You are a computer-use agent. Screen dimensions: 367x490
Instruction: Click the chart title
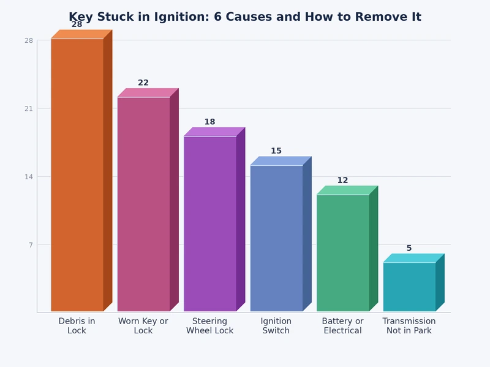(245, 17)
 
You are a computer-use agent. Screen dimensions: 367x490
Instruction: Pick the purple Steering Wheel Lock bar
(210, 223)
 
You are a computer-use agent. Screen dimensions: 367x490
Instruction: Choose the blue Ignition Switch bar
(276, 238)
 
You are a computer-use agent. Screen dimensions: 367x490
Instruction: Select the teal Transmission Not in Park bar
(409, 287)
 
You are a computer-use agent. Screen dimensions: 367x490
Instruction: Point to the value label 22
(143, 83)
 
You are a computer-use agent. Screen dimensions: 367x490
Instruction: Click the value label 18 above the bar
(210, 122)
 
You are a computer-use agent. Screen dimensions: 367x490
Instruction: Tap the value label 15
(276, 151)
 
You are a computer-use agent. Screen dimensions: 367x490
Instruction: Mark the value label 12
(343, 180)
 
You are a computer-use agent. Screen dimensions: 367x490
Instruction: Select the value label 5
(409, 248)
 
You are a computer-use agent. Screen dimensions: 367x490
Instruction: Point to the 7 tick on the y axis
(29, 245)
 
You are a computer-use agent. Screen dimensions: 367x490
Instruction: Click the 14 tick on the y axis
(29, 177)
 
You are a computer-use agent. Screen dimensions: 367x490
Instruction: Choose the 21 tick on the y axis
(29, 108)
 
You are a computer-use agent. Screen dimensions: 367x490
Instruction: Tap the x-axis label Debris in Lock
(77, 326)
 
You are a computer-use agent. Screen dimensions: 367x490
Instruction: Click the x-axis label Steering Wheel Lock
(210, 326)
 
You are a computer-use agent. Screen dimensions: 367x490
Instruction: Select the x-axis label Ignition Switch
(276, 326)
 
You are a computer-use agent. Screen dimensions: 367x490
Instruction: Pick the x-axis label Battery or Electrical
(343, 326)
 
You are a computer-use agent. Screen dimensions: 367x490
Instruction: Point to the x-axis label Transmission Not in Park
(409, 326)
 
